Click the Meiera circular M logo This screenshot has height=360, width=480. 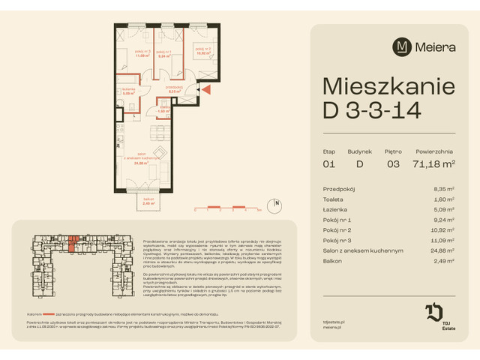click(401, 47)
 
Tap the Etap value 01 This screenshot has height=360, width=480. click(328, 163)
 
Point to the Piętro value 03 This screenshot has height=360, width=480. click(393, 163)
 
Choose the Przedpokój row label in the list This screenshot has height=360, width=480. click(338, 190)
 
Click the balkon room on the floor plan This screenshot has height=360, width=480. click(148, 201)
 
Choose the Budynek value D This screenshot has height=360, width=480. click(359, 163)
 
